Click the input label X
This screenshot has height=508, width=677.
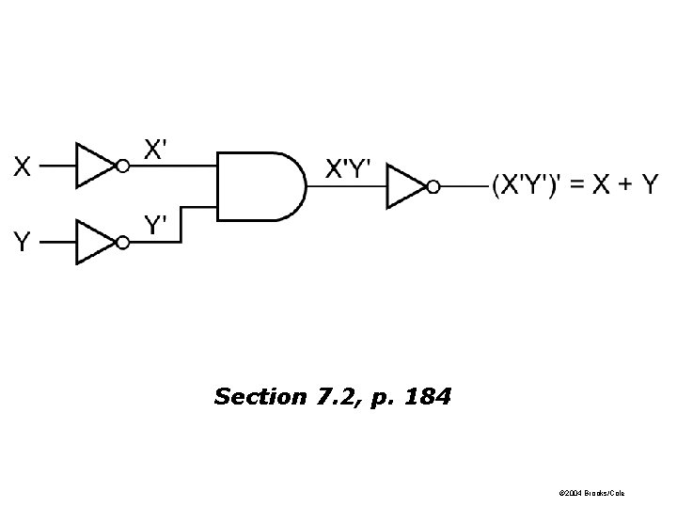coord(22,167)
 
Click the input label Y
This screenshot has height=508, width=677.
coord(22,242)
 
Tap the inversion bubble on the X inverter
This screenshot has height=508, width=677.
coord(122,167)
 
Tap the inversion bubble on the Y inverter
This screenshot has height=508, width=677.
coord(122,242)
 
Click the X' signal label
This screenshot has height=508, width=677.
coord(156,149)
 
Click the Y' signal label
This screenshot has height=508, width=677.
coord(156,225)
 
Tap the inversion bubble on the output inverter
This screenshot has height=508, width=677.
coord(433,186)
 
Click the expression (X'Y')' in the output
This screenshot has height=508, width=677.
coord(532,185)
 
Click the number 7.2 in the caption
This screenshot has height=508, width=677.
coord(333,397)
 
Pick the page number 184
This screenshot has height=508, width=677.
coord(427,397)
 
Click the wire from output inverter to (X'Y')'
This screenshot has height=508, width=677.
coord(464,186)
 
